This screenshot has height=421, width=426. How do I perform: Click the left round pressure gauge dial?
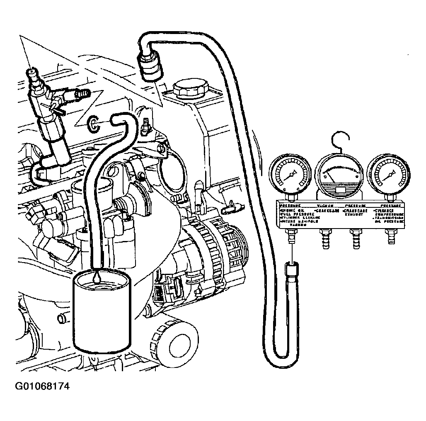click(290, 174)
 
